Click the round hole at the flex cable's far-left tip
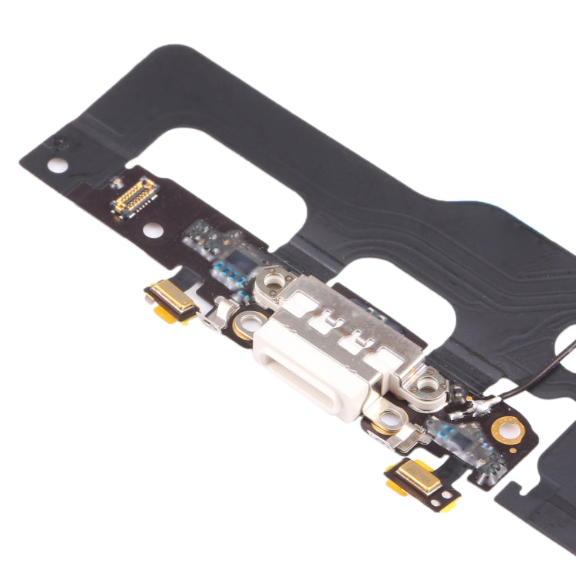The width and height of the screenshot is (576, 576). (x=55, y=164)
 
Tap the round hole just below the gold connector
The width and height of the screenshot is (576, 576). (x=152, y=229)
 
